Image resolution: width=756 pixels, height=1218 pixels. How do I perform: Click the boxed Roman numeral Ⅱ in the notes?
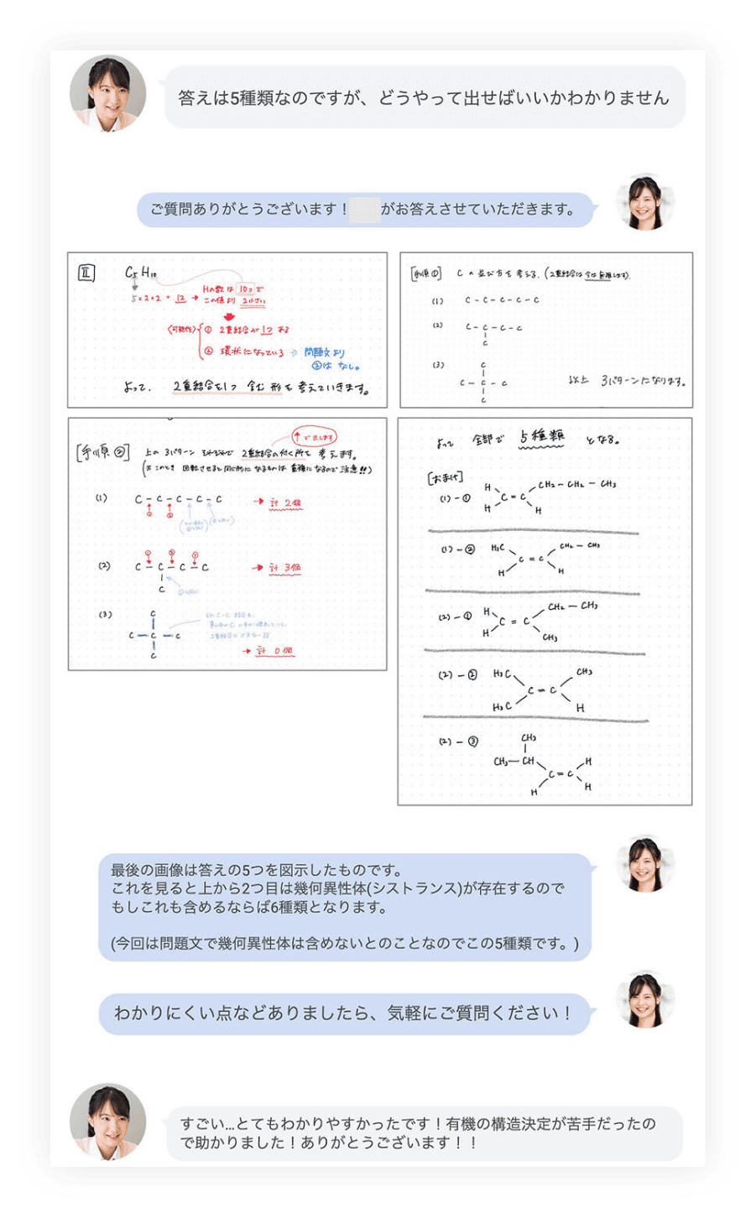click(x=86, y=273)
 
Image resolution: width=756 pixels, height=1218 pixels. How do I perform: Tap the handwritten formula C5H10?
click(x=140, y=273)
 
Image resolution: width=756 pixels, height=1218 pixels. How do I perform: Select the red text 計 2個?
click(x=285, y=503)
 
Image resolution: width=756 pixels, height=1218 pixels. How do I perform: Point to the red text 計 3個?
click(x=285, y=568)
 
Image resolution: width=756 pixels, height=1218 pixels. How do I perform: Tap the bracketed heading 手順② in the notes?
click(x=102, y=453)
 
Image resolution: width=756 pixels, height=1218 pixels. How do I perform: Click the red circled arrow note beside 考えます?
click(x=315, y=437)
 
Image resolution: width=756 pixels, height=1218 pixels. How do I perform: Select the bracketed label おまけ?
click(x=445, y=478)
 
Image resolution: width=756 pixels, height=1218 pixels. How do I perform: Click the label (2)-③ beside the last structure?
click(x=458, y=742)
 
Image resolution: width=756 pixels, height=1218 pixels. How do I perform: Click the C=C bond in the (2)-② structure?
click(x=541, y=690)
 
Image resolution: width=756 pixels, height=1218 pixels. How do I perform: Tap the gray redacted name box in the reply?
click(x=364, y=209)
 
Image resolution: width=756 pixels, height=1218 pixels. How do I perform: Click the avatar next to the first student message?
click(x=107, y=94)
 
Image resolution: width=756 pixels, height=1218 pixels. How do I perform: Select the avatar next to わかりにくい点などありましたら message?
click(x=644, y=1001)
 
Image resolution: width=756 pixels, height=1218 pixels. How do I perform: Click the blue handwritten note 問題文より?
click(x=325, y=353)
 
